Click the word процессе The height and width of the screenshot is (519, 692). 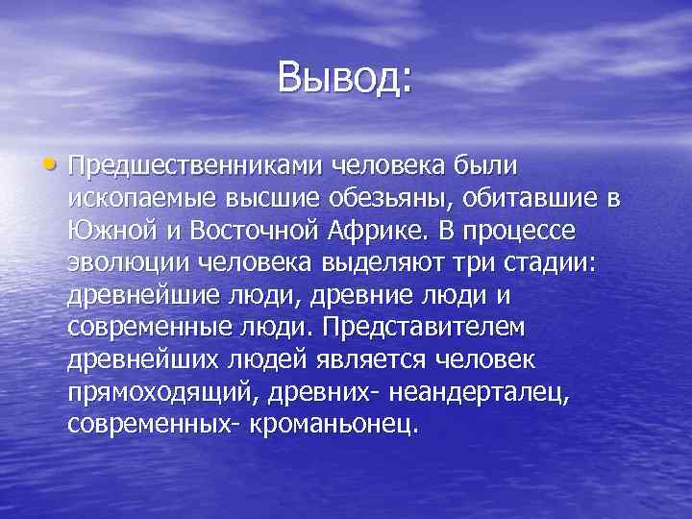(x=546, y=231)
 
